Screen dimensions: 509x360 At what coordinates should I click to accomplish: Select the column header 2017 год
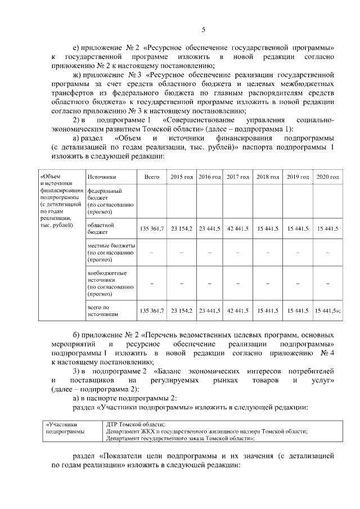pyautogui.click(x=238, y=177)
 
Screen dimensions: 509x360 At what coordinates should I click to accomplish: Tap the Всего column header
pyautogui.click(x=151, y=177)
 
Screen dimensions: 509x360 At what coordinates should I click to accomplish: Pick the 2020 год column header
pyautogui.click(x=327, y=177)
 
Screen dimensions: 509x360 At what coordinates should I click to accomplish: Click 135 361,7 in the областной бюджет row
pyautogui.click(x=151, y=228)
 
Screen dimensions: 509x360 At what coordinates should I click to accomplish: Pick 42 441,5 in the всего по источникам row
pyautogui.click(x=238, y=310)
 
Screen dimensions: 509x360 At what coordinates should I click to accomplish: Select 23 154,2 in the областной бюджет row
pyautogui.click(x=182, y=228)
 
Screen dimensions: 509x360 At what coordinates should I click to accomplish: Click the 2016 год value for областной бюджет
pyautogui.click(x=209, y=228)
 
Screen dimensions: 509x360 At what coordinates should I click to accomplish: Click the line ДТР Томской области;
pyautogui.click(x=135, y=424)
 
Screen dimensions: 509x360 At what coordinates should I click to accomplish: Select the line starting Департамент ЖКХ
pyautogui.click(x=206, y=431)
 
